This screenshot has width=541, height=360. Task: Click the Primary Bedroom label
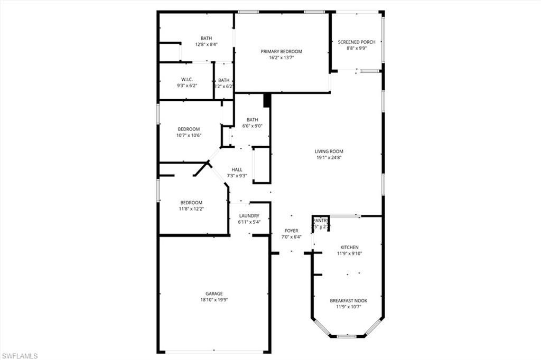point(281,51)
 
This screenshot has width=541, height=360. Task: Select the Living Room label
point(329,151)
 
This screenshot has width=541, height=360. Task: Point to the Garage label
point(214,293)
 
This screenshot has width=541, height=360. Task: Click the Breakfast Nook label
point(348,300)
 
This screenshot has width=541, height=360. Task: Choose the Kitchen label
point(349,247)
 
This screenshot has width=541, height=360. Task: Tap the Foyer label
point(291,231)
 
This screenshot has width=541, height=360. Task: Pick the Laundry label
point(249,216)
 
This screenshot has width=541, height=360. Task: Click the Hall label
point(237,169)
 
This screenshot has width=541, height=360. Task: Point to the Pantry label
point(320,221)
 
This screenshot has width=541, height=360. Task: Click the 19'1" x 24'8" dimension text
point(329,158)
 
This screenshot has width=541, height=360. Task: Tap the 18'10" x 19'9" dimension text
point(214,300)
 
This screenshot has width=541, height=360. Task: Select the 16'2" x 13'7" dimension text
point(281,58)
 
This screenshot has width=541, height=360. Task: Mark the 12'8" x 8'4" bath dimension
point(206,44)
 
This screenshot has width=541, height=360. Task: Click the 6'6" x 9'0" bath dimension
point(252,126)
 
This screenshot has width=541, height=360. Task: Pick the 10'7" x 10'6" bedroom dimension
point(189,136)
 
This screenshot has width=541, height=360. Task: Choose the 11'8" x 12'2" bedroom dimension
point(191,209)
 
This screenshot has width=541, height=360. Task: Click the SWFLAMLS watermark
point(20,356)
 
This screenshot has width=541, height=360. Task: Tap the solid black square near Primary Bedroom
point(267,100)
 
